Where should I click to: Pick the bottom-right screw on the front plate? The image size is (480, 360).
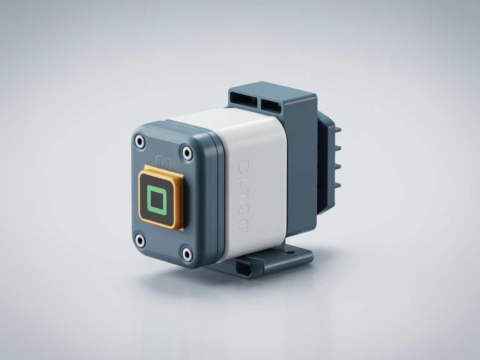(187, 254)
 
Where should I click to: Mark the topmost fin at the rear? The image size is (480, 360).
(337, 130)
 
